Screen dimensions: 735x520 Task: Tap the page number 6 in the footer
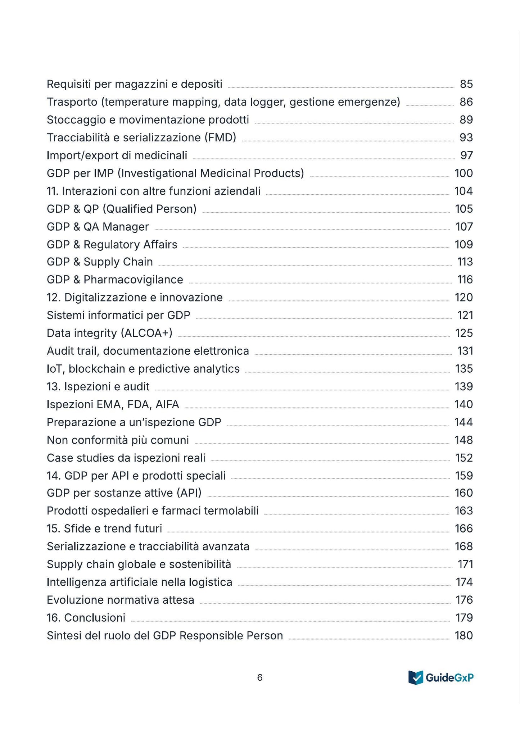point(260,678)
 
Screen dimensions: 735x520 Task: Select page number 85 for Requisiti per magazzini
point(466,84)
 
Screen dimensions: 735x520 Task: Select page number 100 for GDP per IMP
point(464,173)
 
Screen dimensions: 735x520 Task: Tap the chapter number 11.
point(53,191)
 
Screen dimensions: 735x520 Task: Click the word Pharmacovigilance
point(133,280)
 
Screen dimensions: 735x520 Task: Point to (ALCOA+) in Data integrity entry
point(146,333)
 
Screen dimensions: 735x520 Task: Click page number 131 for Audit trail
point(465,351)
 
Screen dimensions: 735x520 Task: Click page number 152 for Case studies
point(464,458)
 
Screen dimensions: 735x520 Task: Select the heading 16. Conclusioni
point(86,618)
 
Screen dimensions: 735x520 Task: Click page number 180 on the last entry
point(464,636)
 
